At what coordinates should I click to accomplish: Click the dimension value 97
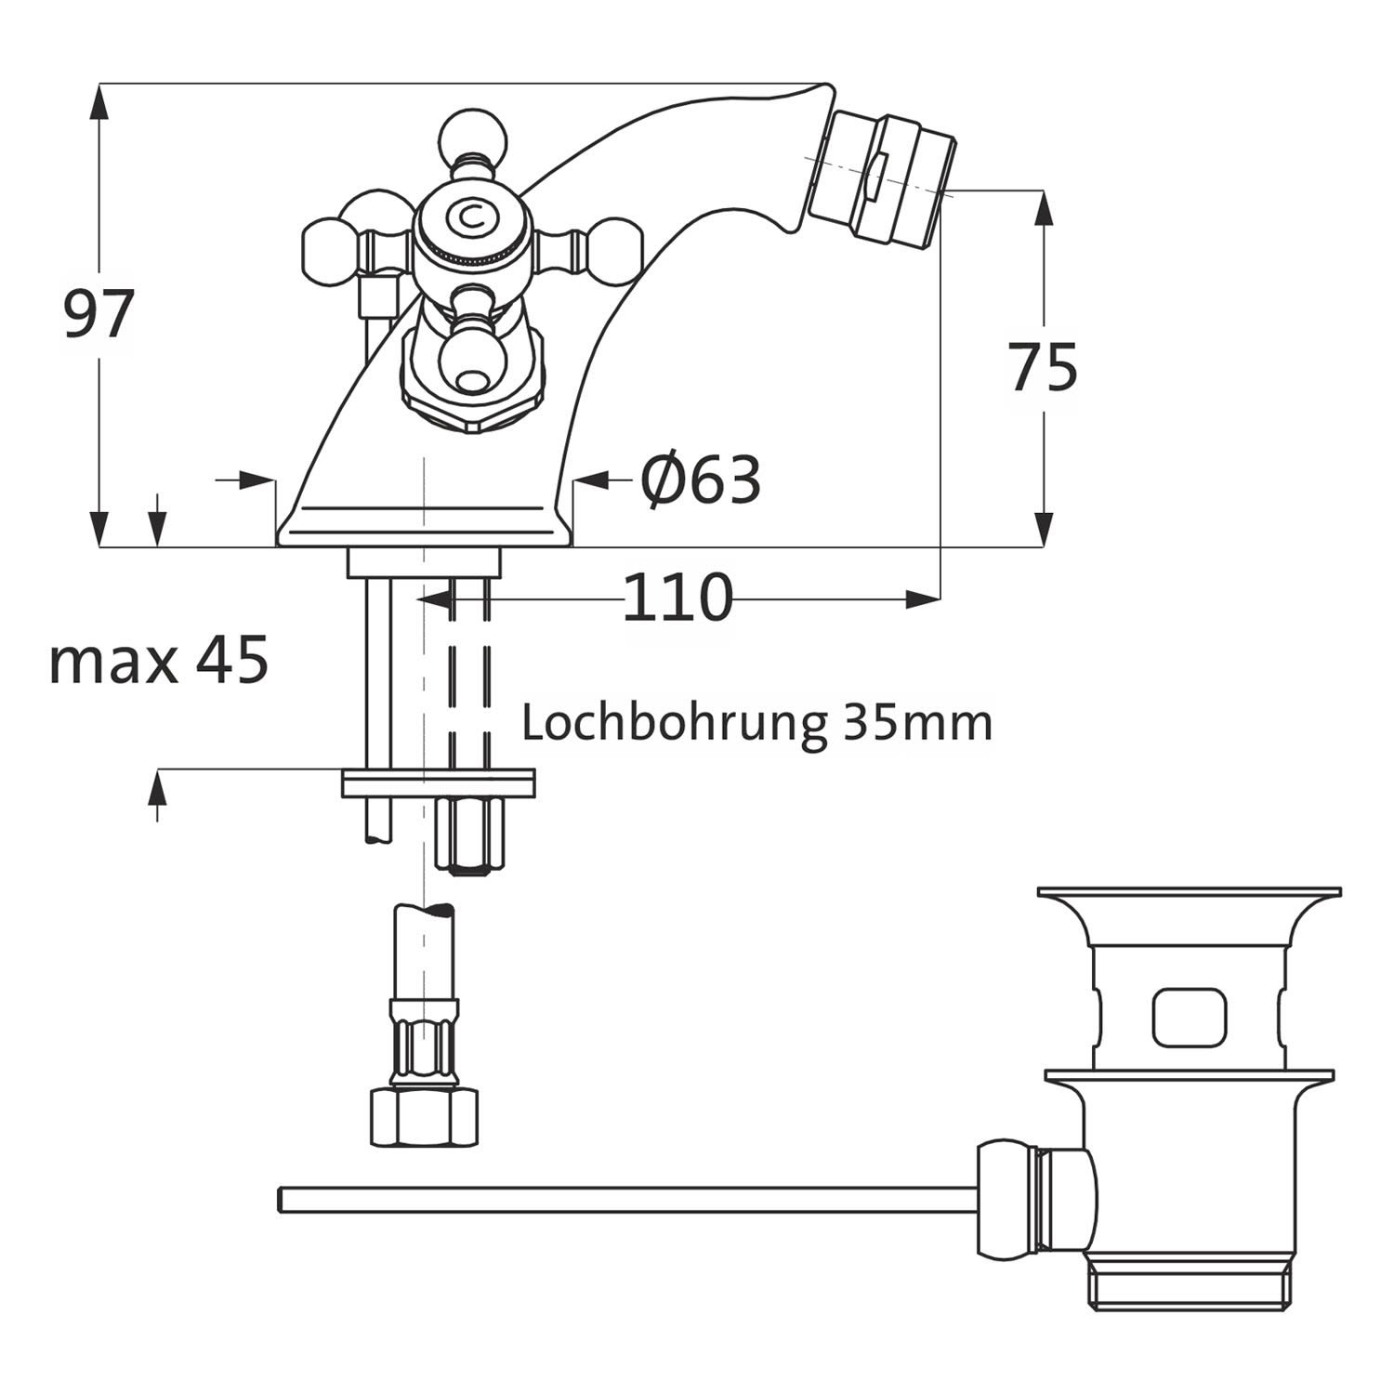pyautogui.click(x=99, y=314)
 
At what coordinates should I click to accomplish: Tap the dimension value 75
pyautogui.click(x=1044, y=367)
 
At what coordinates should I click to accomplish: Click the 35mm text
pyautogui.click(x=918, y=722)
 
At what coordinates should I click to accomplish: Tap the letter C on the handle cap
pyautogui.click(x=472, y=217)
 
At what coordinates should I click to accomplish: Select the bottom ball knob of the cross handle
pyautogui.click(x=473, y=362)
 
